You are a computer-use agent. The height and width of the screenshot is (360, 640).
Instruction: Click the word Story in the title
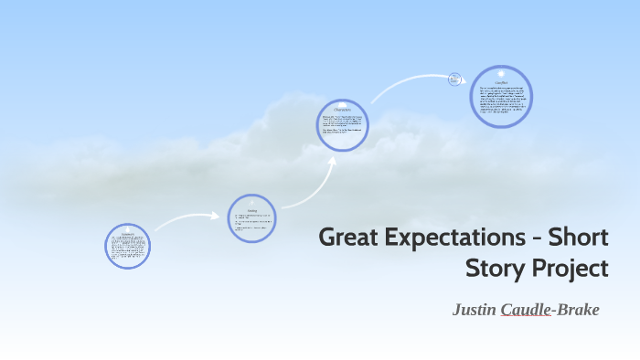pyautogui.click(x=495, y=270)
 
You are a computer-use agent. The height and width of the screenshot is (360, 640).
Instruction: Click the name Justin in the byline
pyautogui.click(x=475, y=310)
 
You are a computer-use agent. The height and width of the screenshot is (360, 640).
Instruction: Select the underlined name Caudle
pyautogui.click(x=526, y=310)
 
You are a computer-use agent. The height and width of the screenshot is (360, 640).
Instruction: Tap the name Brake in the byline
pyautogui.click(x=576, y=310)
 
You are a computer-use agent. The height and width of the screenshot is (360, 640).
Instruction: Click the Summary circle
pyautogui.click(x=127, y=246)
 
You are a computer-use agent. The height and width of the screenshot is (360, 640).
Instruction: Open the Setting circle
pyautogui.click(x=251, y=218)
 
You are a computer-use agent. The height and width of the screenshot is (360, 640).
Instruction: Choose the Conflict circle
pyautogui.click(x=502, y=96)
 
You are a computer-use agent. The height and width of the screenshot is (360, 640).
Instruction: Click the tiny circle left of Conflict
pyautogui.click(x=454, y=79)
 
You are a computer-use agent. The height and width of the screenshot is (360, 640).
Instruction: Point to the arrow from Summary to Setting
pyautogui.click(x=187, y=219)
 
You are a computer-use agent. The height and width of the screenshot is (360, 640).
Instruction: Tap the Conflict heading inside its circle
pyautogui.click(x=501, y=82)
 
